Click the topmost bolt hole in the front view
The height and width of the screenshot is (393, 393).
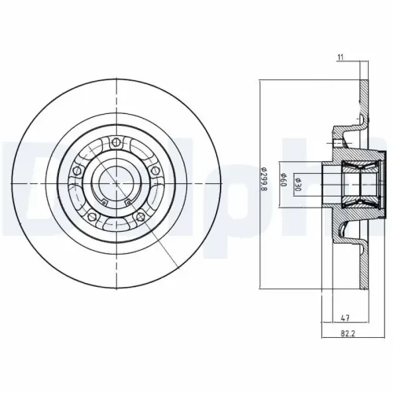pos(116,142)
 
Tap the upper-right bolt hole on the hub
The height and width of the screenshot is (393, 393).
pos(156,170)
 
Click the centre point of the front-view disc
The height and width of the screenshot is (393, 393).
pos(116,182)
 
